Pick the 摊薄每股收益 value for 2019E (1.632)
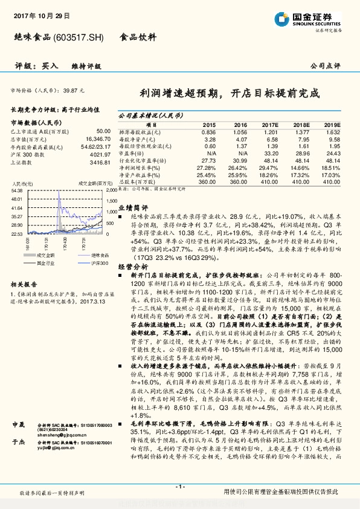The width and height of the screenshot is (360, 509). click(x=333, y=131)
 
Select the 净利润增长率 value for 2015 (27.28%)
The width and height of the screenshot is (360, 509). click(x=207, y=166)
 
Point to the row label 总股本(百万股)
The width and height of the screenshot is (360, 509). click(x=135, y=181)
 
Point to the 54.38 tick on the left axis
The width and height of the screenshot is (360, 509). click(x=17, y=190)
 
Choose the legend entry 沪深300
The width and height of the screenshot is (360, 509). click(x=99, y=263)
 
